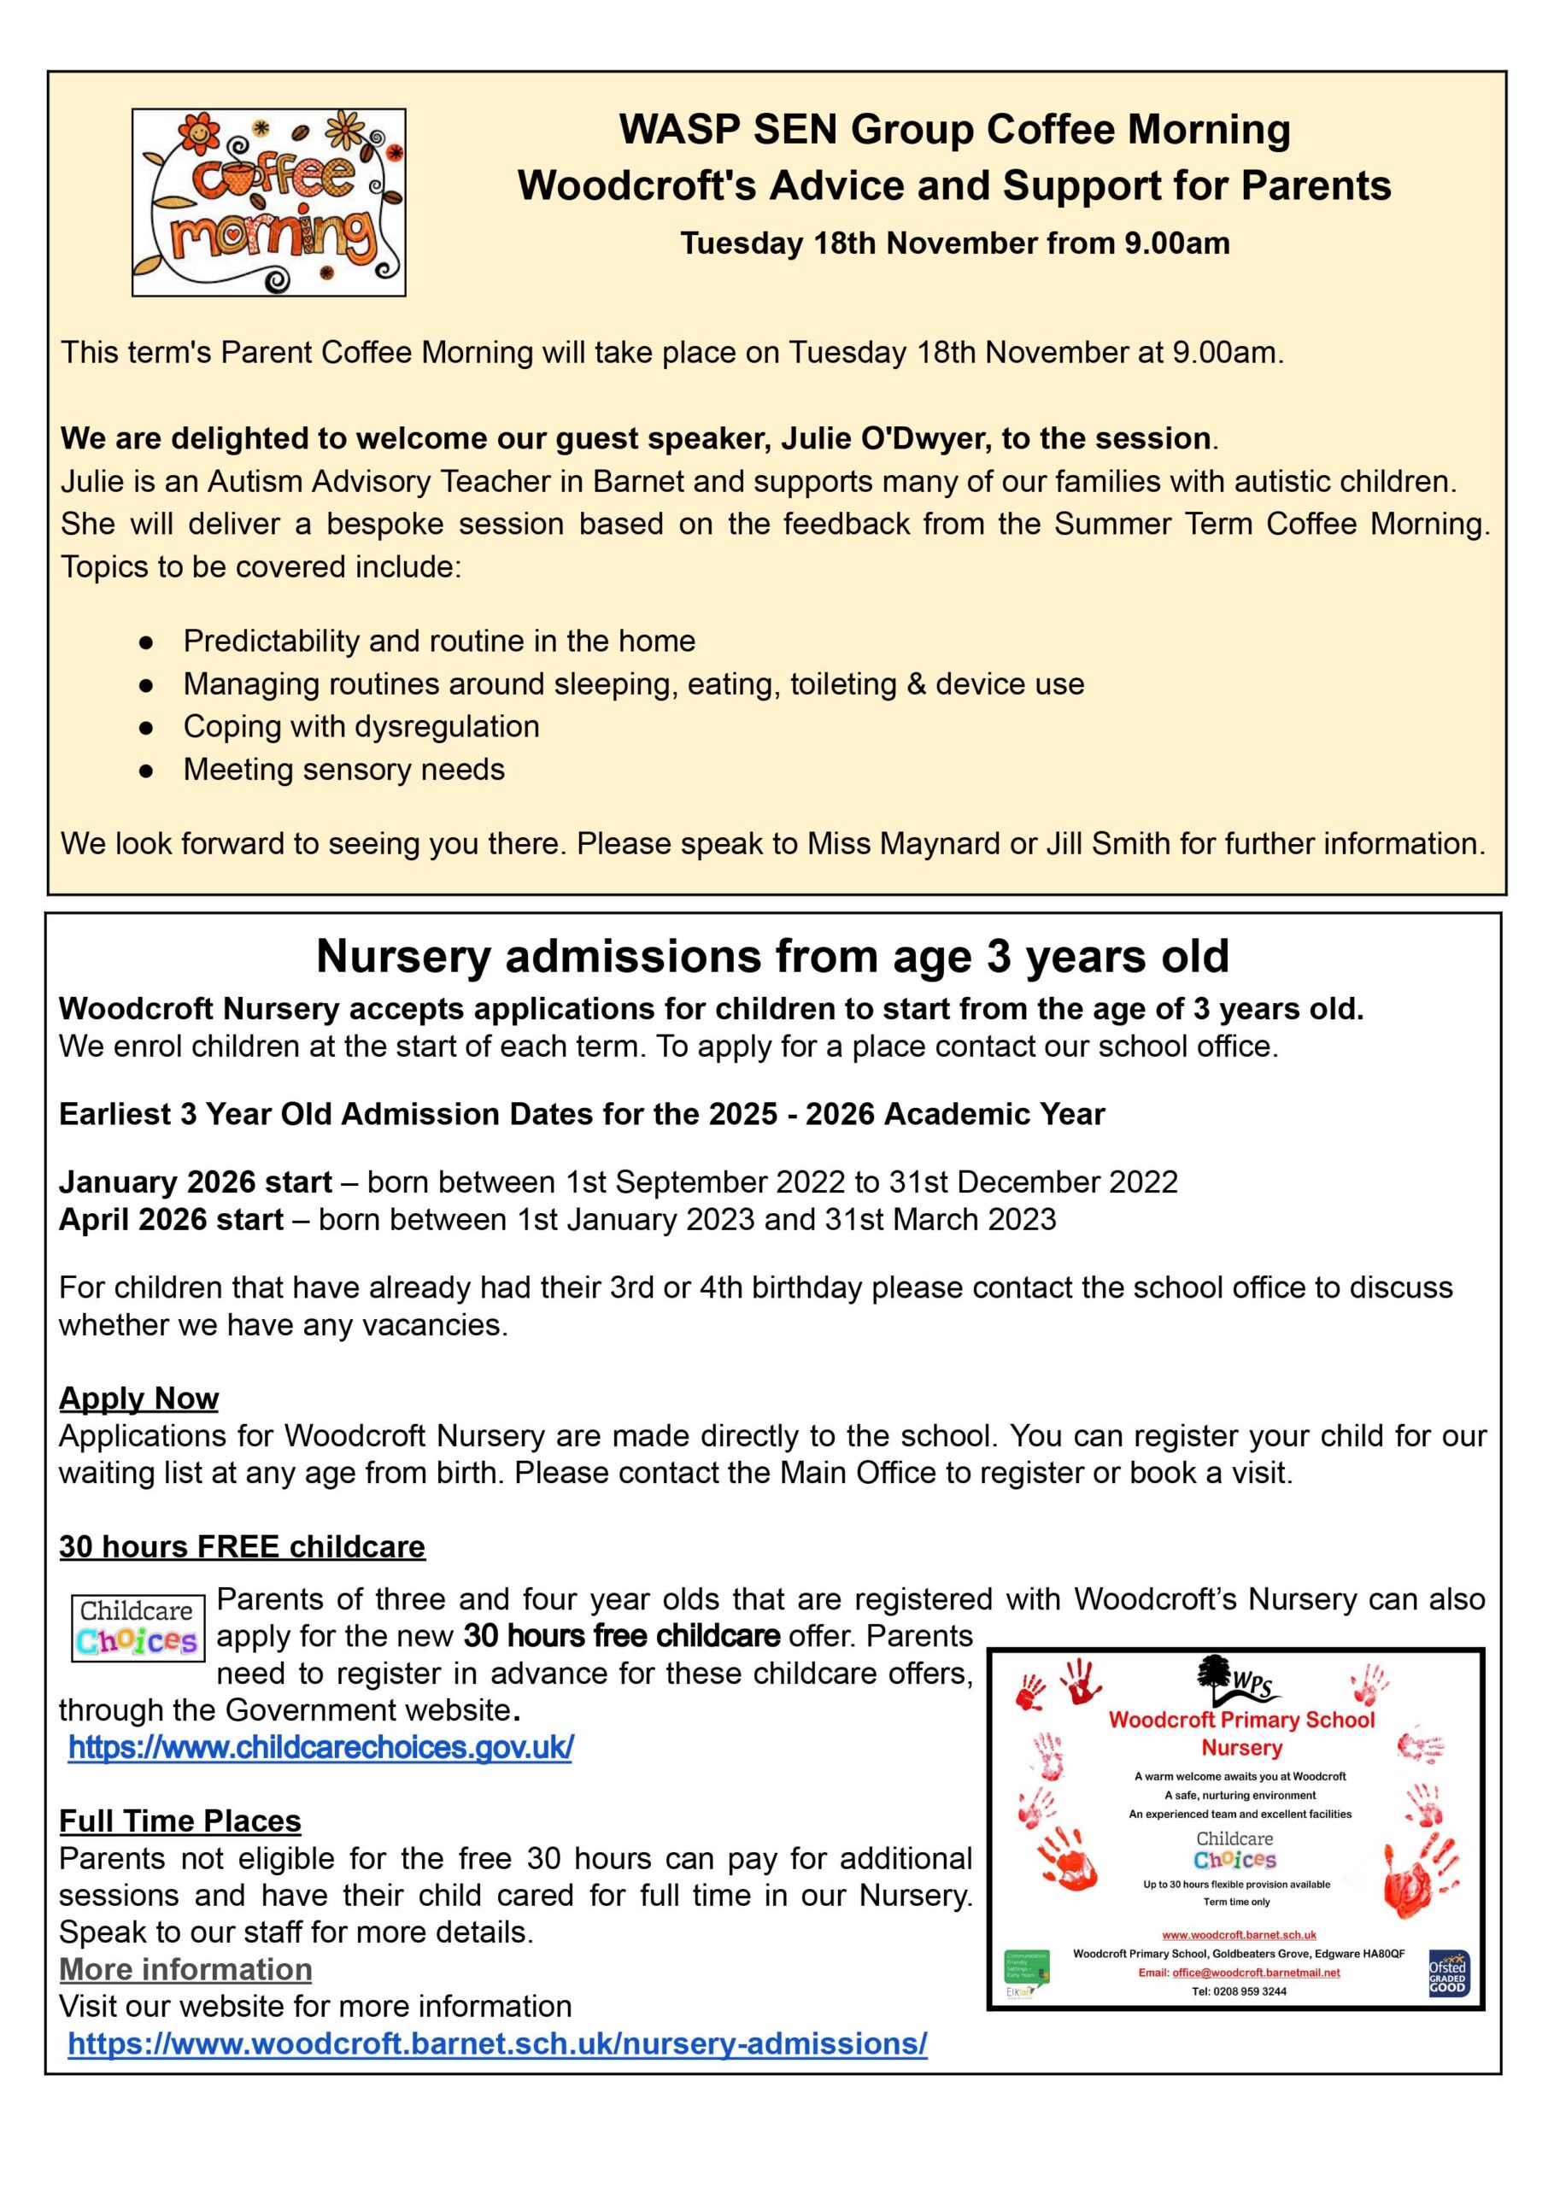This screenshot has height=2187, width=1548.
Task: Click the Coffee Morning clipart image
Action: [x=269, y=202]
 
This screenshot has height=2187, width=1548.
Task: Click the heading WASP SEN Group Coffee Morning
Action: [x=954, y=130]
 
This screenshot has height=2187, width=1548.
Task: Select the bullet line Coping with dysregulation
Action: [x=361, y=726]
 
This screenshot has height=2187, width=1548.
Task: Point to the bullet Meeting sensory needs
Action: [x=344, y=769]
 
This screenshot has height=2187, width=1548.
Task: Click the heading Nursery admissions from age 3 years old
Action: [x=772, y=956]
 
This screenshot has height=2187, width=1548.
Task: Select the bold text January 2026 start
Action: [x=196, y=1181]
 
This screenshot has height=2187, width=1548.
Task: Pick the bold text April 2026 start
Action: [x=172, y=1219]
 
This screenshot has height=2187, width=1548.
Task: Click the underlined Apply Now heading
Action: [x=139, y=1398]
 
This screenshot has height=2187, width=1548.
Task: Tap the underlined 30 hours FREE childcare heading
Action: [x=242, y=1545]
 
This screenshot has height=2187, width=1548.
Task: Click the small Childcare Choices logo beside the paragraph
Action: [x=138, y=1627]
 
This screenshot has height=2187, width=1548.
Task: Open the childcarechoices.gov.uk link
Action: [x=320, y=1747]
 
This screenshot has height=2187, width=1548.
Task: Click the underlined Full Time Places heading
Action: [x=180, y=1821]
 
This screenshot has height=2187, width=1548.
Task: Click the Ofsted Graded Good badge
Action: [x=1447, y=1973]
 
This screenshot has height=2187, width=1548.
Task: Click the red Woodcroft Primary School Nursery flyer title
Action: [x=1241, y=1733]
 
